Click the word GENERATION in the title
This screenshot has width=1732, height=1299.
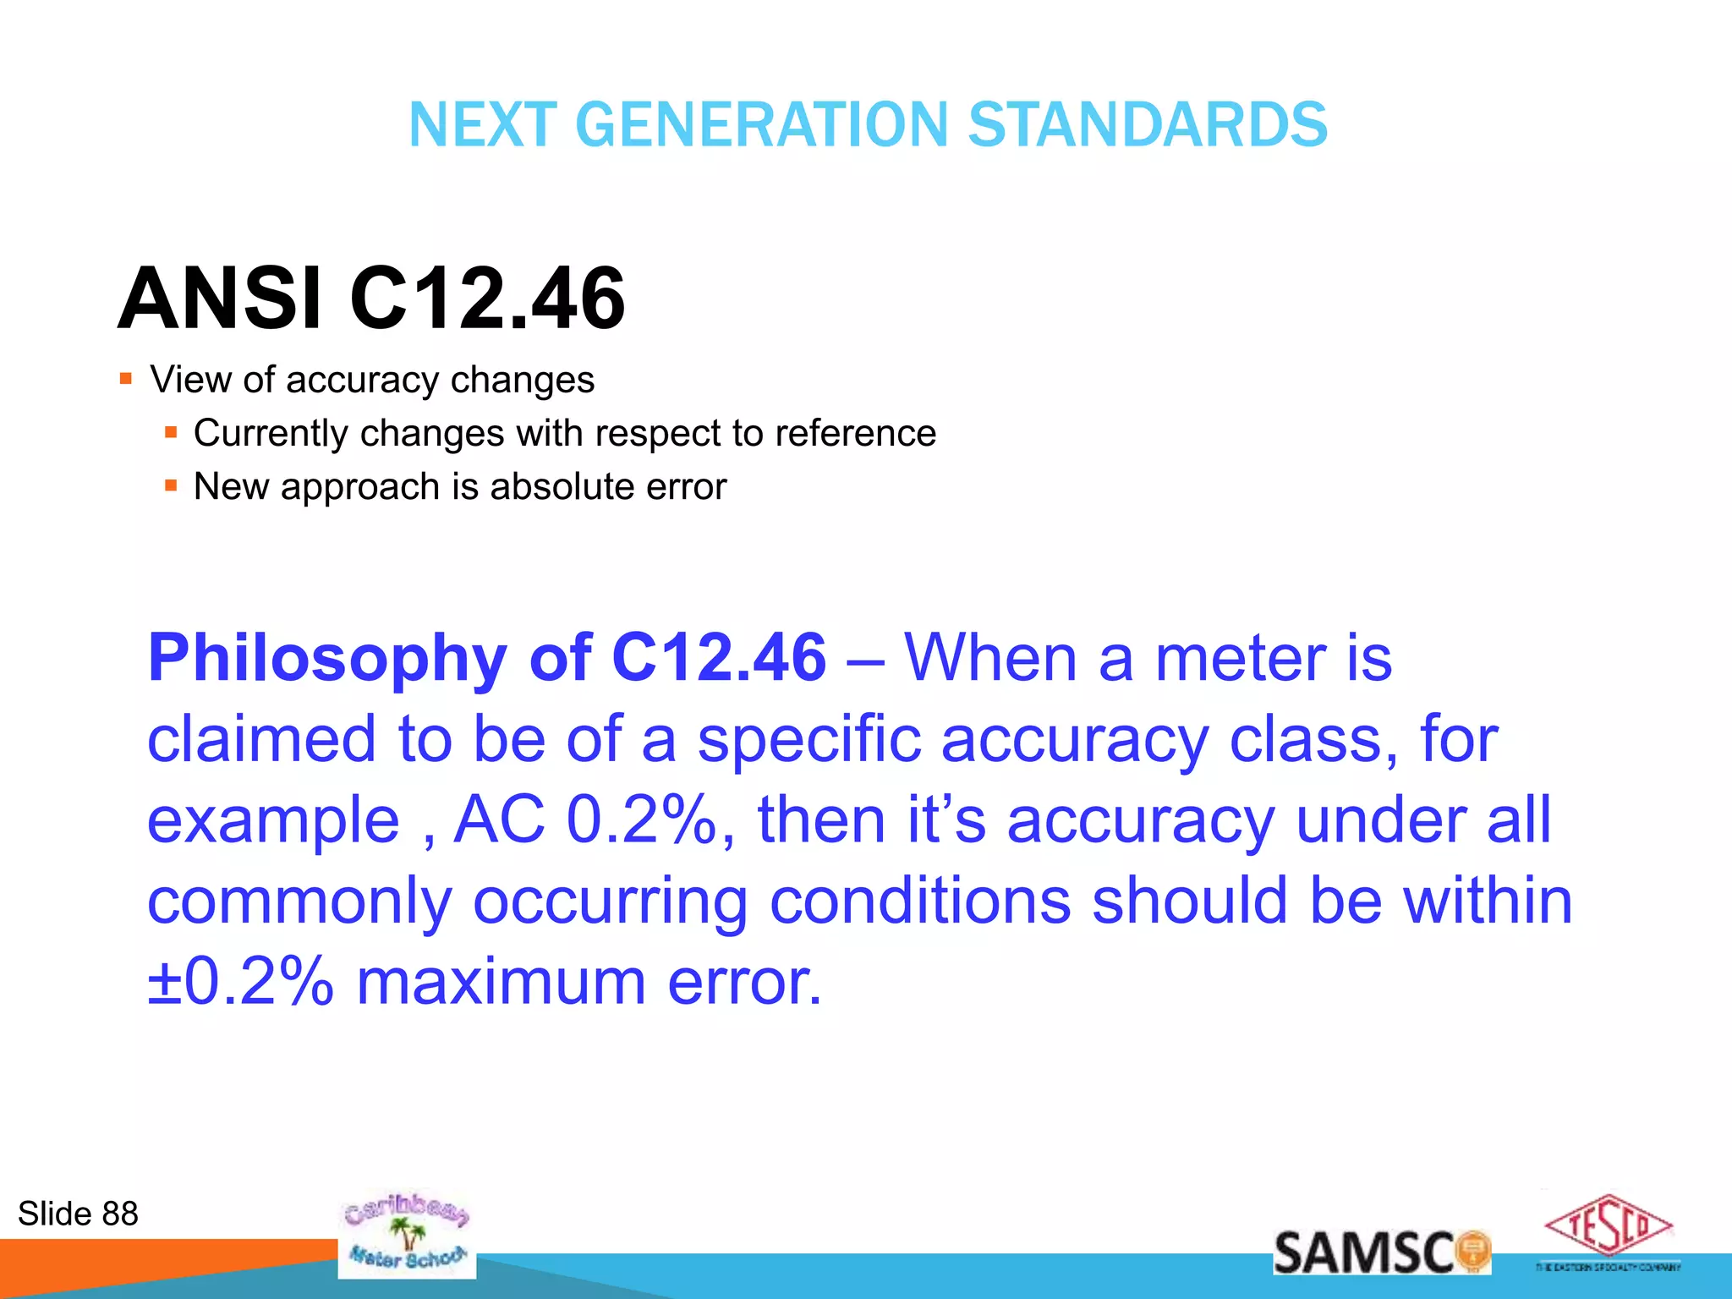pos(762,125)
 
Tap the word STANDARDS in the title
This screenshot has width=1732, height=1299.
pos(1148,125)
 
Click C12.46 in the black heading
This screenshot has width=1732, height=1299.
pos(487,299)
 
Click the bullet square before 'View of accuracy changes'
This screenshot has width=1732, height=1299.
pos(126,379)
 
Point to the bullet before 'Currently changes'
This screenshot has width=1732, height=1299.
pos(171,432)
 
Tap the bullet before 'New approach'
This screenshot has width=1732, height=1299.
pos(171,485)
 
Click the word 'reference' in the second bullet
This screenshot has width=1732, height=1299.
pos(855,433)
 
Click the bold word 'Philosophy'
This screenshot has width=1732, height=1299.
pos(327,658)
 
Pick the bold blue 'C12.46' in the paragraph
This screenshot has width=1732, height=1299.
pos(718,658)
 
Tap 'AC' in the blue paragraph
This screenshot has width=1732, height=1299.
pos(500,819)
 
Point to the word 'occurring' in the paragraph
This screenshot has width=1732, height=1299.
pos(610,901)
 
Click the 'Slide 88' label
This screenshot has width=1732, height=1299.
pos(78,1214)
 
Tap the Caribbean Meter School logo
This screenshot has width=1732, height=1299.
pos(407,1235)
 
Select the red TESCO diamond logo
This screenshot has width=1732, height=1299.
pos(1608,1226)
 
